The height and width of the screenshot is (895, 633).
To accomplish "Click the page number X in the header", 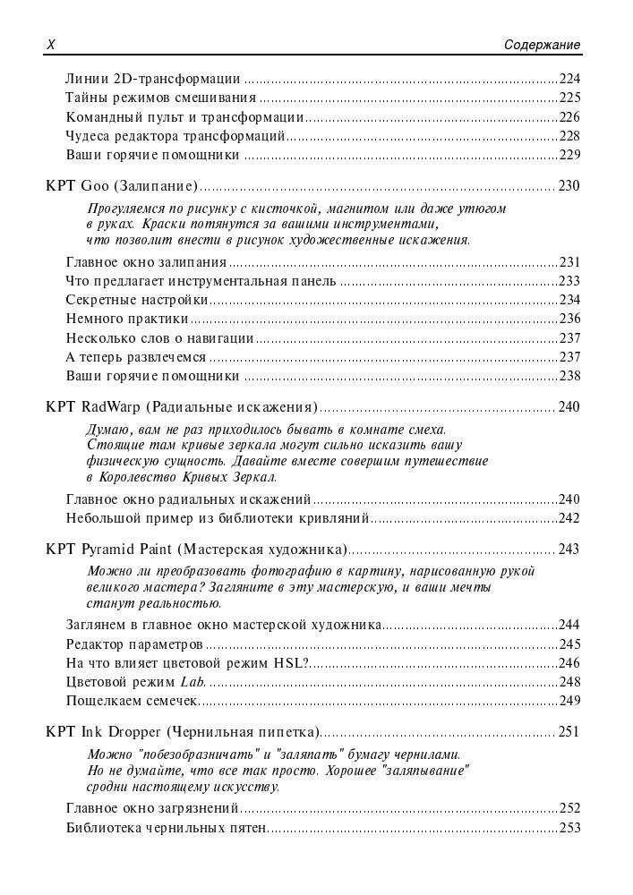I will tap(50, 45).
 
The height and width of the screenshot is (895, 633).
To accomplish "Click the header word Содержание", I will tap(542, 45).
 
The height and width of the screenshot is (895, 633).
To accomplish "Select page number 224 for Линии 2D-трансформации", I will tap(569, 78).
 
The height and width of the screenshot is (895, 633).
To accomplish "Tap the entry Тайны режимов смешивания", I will tap(161, 98).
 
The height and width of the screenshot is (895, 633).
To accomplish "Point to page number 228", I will tap(569, 136).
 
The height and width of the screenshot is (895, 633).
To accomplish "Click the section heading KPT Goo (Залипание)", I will tap(122, 186).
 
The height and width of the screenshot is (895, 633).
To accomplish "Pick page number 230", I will tap(569, 186).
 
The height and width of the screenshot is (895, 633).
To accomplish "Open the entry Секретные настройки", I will tap(137, 300).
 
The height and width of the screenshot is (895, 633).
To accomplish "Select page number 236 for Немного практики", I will tap(569, 319).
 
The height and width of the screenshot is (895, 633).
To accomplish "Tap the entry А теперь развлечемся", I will tap(136, 357).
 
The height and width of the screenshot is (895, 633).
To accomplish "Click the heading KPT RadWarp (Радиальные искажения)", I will tap(182, 407).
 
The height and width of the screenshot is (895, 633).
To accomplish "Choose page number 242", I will tap(569, 518).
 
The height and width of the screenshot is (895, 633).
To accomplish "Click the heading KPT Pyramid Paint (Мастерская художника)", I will tap(196, 549).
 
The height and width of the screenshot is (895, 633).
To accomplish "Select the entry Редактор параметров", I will tap(134, 644).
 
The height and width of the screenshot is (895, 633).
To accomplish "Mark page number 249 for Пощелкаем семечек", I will tap(569, 701).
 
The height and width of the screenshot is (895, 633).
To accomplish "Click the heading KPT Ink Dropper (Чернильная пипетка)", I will tap(183, 732).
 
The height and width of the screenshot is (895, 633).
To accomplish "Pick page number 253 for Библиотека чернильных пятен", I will tap(569, 828).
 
